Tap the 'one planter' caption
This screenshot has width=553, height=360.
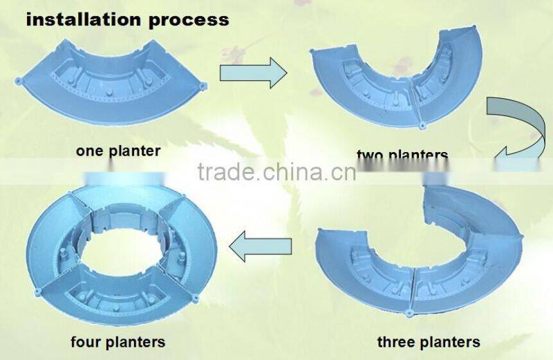point(118,151)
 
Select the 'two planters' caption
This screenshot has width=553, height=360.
point(402,155)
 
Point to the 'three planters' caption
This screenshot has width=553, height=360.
point(429,341)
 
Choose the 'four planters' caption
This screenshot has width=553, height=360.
point(118,341)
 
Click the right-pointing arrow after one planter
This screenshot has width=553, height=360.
point(253,72)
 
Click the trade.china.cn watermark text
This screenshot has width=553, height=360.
point(276,172)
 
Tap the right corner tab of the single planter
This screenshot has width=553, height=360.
point(203,86)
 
